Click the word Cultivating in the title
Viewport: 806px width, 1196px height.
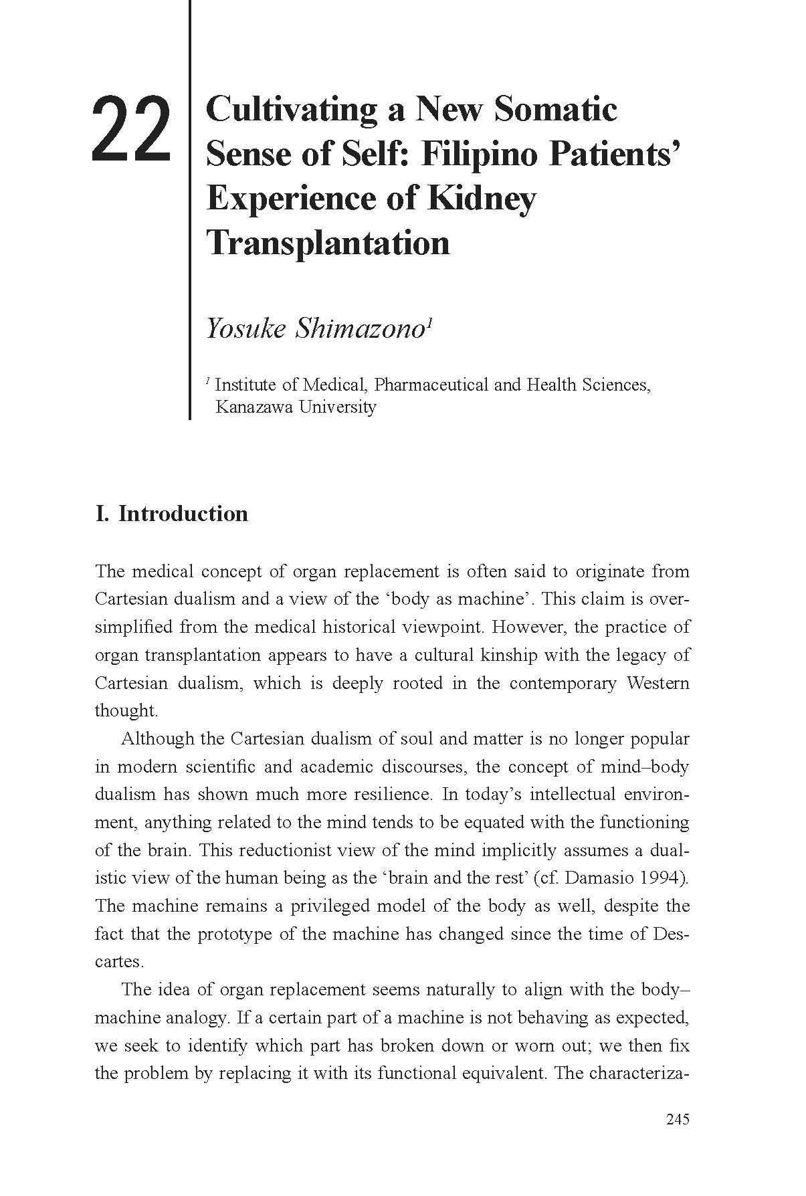click(x=292, y=110)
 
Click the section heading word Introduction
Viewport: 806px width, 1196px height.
click(x=183, y=514)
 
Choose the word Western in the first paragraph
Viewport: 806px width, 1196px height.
click(x=658, y=683)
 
